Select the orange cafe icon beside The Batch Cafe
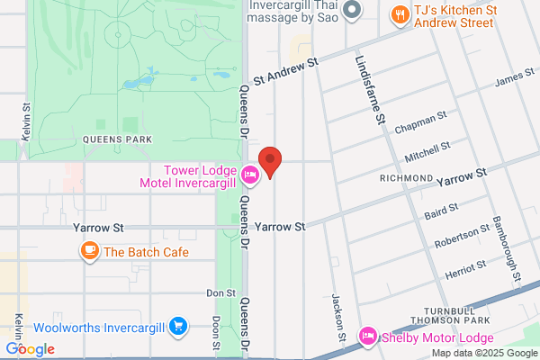point(89,252)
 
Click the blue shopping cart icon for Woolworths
point(178,326)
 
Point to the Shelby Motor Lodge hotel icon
point(367,337)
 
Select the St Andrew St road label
point(287,71)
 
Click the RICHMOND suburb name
point(407,178)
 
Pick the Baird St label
point(441,211)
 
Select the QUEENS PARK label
point(116,139)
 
